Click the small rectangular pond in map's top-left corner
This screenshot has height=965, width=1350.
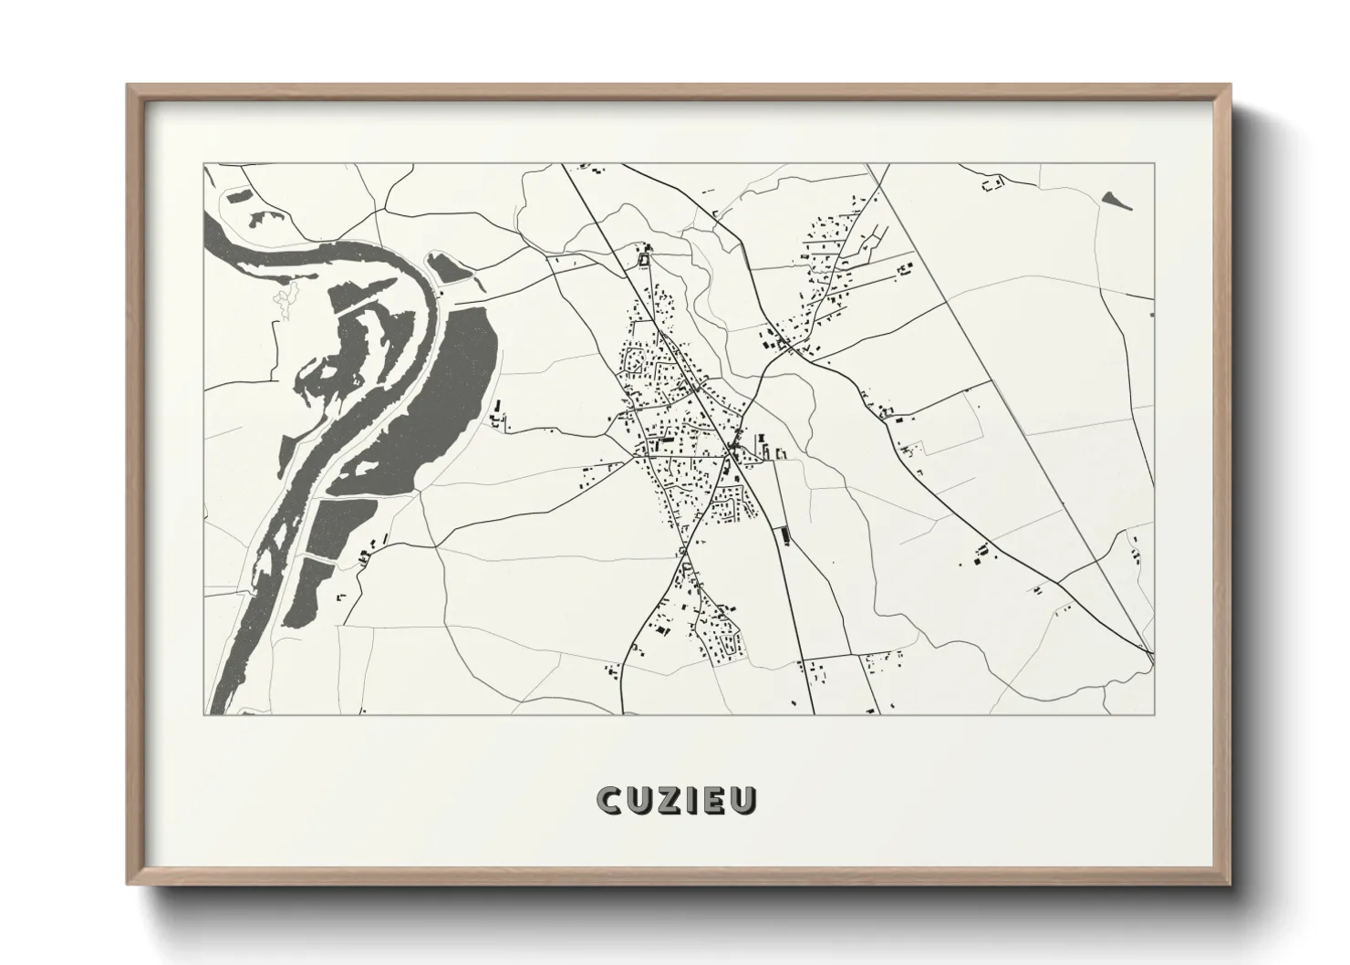pos(239,194)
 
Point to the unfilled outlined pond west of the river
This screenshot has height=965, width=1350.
pos(285,301)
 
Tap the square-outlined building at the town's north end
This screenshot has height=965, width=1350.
pos(644,261)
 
